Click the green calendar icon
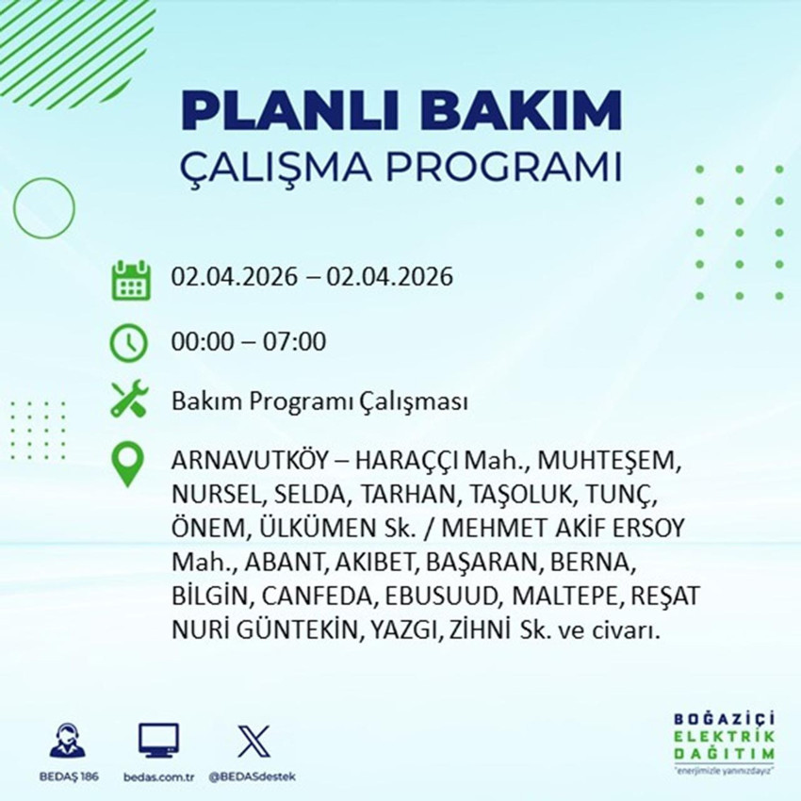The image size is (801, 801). pos(131,280)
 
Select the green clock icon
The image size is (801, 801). pos(129,342)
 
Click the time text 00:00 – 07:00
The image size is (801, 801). pos(249,341)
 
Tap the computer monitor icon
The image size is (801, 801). pos(158,740)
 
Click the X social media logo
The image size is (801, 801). pos(253,740)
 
